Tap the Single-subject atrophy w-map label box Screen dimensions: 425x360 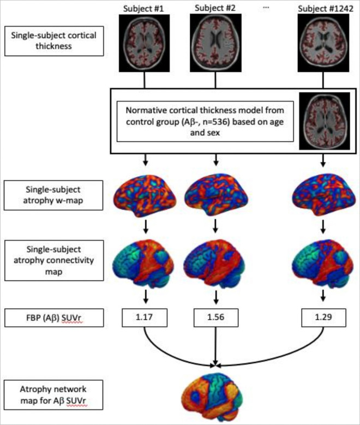pyautogui.click(x=53, y=194)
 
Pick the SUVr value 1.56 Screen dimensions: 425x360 pyautogui.click(x=217, y=316)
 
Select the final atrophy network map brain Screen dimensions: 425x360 pyautogui.click(x=217, y=391)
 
